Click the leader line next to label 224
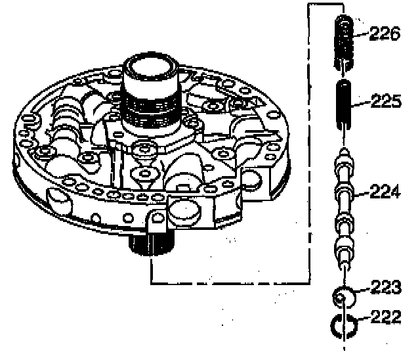pyautogui.click(x=362, y=194)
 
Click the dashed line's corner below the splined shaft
pyautogui.click(x=151, y=282)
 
